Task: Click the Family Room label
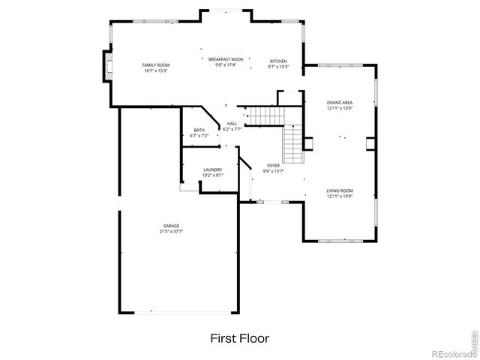point(156,65)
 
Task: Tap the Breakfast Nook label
point(226,59)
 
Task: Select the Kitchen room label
point(278,61)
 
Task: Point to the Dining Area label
point(340,102)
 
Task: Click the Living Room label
point(340,190)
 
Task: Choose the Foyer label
point(273,165)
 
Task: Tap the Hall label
point(232,124)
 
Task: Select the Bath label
point(199,130)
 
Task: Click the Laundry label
point(213,169)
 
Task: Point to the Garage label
point(172,226)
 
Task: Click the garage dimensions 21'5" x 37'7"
point(172,232)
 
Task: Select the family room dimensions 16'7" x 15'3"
point(156,71)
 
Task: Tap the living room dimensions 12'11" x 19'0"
point(340,196)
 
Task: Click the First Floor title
point(240,338)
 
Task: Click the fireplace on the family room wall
point(108,66)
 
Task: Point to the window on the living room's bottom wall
point(340,241)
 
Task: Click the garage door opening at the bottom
point(178,313)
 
